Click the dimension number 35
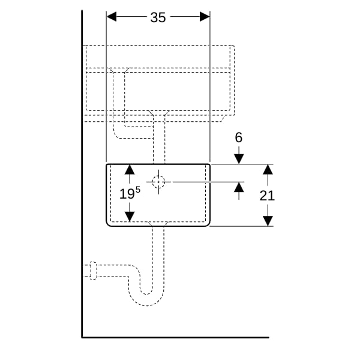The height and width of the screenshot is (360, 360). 158,17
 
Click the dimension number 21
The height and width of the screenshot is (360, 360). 267,196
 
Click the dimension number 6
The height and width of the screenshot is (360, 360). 239,137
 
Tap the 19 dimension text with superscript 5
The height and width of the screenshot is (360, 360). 130,193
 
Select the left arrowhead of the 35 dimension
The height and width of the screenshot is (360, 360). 112,17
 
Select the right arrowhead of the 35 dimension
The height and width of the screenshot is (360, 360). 205,17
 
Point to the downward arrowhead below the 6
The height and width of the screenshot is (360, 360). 239,159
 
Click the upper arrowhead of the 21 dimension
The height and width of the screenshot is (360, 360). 268,169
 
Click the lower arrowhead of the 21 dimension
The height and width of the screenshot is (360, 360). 268,221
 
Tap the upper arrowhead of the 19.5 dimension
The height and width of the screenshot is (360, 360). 130,169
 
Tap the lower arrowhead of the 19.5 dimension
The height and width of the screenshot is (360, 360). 130,217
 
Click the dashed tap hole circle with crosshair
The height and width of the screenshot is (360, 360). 158,182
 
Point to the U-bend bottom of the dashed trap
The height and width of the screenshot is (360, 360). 146,298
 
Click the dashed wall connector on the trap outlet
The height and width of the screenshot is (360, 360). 94,271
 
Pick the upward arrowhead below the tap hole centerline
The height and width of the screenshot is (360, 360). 239,187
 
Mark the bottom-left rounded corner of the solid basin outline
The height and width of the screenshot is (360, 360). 109,224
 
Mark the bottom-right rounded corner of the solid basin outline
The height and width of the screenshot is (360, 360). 208,224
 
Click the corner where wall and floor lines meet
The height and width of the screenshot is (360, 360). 82,337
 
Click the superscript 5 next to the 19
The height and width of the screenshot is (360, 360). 138,190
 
